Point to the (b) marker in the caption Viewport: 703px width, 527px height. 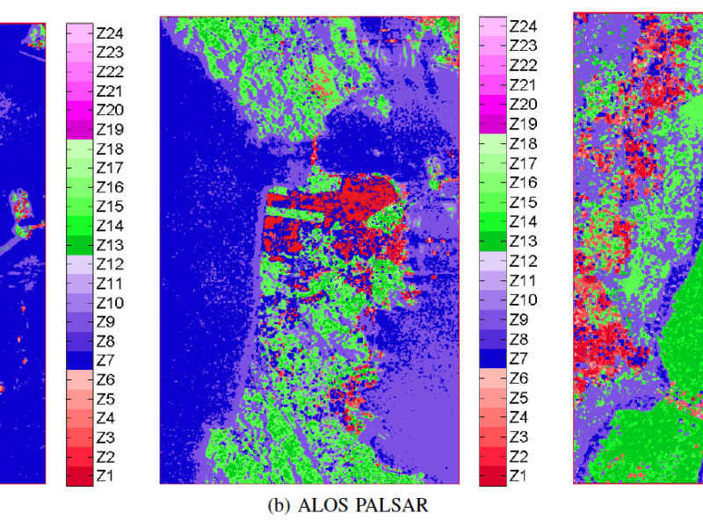pyautogui.click(x=279, y=505)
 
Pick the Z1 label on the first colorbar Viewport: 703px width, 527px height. pyautogui.click(x=107, y=476)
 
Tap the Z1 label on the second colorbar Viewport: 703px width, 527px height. pyautogui.click(x=519, y=476)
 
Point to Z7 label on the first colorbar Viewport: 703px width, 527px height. pyautogui.click(x=107, y=361)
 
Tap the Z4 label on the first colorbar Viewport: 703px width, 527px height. pyautogui.click(x=107, y=418)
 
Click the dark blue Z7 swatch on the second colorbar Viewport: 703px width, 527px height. pyautogui.click(x=491, y=359)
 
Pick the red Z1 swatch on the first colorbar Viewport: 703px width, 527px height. pyautogui.click(x=79, y=476)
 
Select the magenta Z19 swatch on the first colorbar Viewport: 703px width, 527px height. pyautogui.click(x=79, y=129)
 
